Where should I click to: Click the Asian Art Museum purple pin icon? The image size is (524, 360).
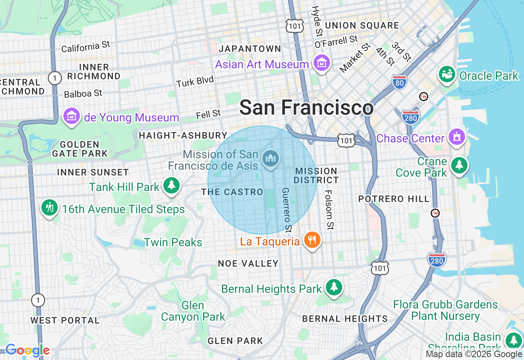[321, 63]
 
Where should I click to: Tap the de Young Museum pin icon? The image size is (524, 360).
[72, 117]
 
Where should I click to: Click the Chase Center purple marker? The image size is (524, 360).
[456, 137]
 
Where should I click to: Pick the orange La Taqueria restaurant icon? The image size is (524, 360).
[312, 240]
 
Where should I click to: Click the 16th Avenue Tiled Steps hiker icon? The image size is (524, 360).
[50, 208]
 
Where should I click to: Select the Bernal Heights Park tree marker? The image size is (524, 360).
[334, 288]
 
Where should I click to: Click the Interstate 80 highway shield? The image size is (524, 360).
[399, 82]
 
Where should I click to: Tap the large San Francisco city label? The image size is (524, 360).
[306, 108]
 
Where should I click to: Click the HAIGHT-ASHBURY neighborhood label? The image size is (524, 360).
[183, 135]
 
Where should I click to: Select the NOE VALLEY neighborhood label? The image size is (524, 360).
[248, 263]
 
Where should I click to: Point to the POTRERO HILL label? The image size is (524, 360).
[394, 199]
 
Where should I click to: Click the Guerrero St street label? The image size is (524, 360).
[286, 209]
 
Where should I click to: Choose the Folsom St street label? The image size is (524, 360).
[329, 209]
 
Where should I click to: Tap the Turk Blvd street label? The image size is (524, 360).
[195, 82]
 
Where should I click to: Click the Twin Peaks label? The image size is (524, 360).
[173, 242]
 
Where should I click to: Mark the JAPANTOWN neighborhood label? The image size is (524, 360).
[250, 49]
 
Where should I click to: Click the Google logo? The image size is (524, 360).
[27, 350]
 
